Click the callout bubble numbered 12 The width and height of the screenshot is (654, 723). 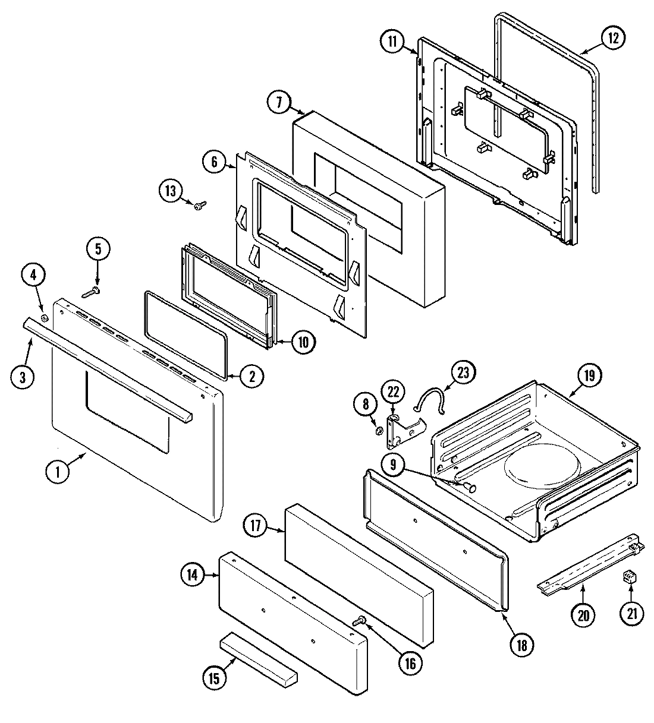[612, 39]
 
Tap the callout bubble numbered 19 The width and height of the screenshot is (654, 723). [589, 375]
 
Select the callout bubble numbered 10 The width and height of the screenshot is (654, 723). [303, 342]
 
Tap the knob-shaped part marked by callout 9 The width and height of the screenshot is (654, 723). [471, 488]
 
